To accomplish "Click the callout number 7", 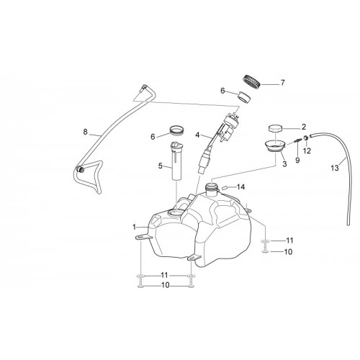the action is pyautogui.click(x=282, y=83).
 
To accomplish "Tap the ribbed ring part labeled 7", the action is pyautogui.click(x=251, y=83).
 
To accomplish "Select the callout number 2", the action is pyautogui.click(x=304, y=127).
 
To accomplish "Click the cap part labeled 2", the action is pyautogui.click(x=275, y=128).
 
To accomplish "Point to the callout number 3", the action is pyautogui.click(x=284, y=164).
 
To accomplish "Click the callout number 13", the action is pyautogui.click(x=335, y=168).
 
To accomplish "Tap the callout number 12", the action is pyautogui.click(x=307, y=150).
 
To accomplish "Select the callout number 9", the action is pyautogui.click(x=297, y=160).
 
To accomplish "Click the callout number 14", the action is pyautogui.click(x=240, y=187).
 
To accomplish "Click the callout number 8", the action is pyautogui.click(x=86, y=132).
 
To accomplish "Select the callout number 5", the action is pyautogui.click(x=161, y=166).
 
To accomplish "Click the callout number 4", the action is pyautogui.click(x=197, y=135).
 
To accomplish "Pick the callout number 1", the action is pyautogui.click(x=135, y=227).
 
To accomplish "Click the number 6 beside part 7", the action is pyautogui.click(x=222, y=91).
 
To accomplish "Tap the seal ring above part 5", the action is pyautogui.click(x=176, y=130).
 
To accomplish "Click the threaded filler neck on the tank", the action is pyautogui.click(x=212, y=189).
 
